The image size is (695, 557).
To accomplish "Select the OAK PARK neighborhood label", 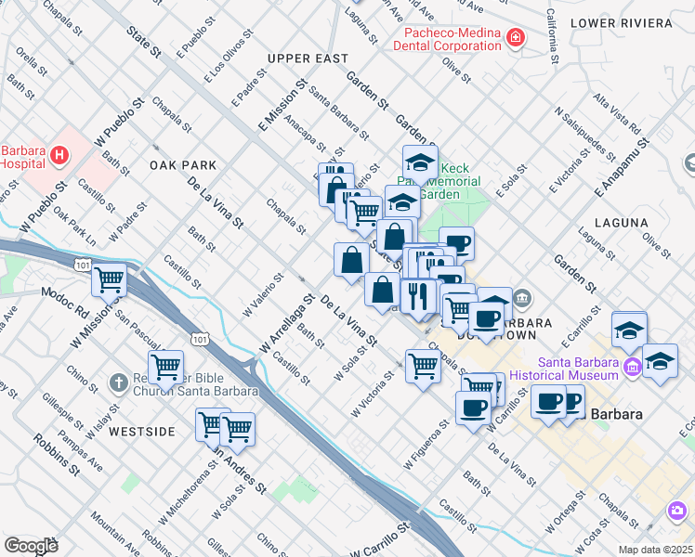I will [183, 165].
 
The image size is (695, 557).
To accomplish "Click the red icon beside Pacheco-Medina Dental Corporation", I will [515, 38].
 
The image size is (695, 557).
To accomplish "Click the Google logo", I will [31, 545].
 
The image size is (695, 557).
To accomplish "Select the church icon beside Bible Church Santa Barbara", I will [118, 382].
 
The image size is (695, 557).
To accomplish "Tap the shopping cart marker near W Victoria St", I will [423, 366].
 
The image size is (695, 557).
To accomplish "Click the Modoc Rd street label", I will [61, 295].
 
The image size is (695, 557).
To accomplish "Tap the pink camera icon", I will [677, 511].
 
